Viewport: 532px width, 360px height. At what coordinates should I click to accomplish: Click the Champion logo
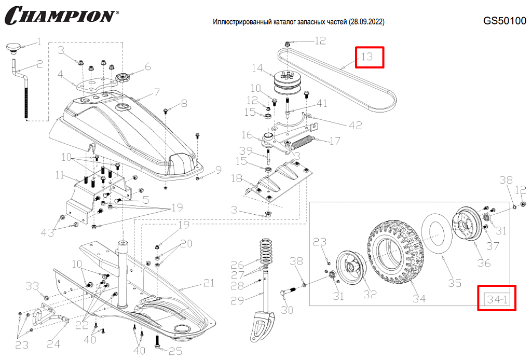pos(61,15)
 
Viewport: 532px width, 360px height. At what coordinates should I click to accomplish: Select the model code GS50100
pos(504,21)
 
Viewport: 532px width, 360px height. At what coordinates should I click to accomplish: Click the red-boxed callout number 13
pos(368,57)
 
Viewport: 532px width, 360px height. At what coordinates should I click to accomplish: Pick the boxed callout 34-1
pos(497,299)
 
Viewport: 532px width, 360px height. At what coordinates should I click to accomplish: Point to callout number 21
pos(208,283)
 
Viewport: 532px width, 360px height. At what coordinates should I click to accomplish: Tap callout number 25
pos(175,352)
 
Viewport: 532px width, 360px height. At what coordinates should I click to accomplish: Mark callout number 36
pos(484,263)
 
